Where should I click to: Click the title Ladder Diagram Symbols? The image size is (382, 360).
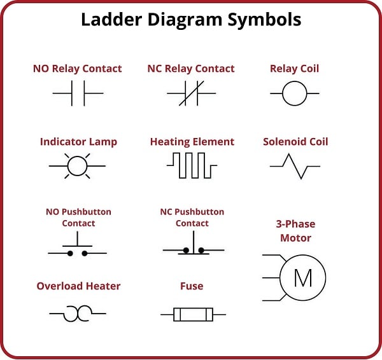point(191,20)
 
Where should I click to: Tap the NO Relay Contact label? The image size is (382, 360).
point(78,69)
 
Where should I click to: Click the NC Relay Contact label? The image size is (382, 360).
point(191,69)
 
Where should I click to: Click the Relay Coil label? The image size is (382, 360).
point(295,69)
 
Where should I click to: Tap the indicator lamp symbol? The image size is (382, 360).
point(77,165)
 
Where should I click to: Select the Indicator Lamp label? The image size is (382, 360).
point(78,142)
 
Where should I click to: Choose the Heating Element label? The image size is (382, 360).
point(192,142)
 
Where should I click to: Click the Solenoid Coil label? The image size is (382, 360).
point(295,142)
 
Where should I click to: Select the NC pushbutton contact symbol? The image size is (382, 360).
point(193,245)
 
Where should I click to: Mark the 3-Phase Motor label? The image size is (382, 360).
point(295,231)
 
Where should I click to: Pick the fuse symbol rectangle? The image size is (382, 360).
point(192,314)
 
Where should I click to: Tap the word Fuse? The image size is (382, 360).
point(192,286)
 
